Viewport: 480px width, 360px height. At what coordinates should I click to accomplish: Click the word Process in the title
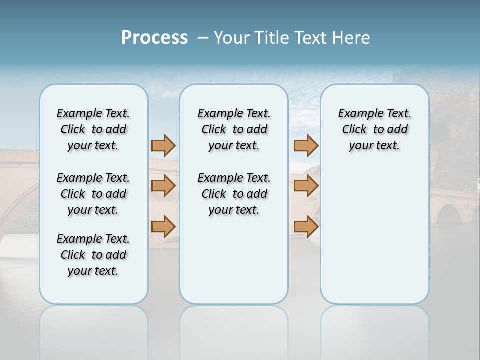[x=154, y=37]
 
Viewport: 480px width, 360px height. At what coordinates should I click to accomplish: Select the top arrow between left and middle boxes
[x=163, y=145]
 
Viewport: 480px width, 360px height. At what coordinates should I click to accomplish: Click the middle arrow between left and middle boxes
[x=163, y=186]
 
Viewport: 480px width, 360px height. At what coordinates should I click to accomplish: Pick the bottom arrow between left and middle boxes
[x=163, y=226]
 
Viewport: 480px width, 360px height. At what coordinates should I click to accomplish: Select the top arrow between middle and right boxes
[x=306, y=145]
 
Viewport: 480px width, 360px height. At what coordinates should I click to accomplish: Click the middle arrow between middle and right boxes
[x=306, y=186]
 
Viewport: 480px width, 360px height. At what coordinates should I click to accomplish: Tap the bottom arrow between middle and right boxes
[x=306, y=226]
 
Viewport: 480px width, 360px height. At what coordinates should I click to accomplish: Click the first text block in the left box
[x=93, y=129]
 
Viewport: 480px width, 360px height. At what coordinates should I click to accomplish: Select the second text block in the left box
[x=93, y=194]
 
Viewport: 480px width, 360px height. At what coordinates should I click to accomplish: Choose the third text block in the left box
[x=93, y=255]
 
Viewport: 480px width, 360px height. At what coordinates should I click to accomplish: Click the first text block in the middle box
[x=234, y=129]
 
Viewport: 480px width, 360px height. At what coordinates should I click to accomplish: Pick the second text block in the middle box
[x=234, y=194]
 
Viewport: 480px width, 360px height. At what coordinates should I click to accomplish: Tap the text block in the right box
[x=374, y=129]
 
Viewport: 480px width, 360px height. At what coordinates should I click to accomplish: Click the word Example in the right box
[x=356, y=114]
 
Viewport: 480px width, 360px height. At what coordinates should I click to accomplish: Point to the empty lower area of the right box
[x=374, y=235]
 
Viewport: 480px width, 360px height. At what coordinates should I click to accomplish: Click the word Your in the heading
[x=232, y=37]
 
